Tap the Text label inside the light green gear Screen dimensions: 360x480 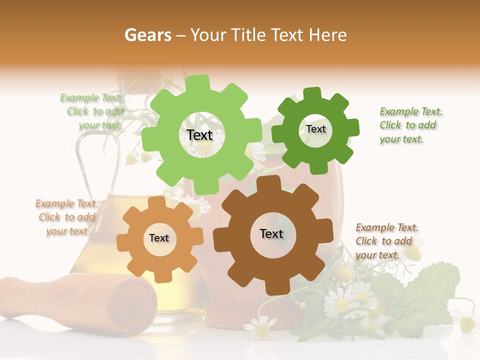coord(199,135)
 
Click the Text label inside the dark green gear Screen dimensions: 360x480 coord(315,129)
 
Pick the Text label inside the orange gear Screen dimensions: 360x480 coord(159,238)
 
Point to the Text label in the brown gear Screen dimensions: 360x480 coord(271,233)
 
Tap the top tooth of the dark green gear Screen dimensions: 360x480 coord(312,93)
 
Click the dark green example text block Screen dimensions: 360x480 coord(410,125)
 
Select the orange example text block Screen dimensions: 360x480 coord(66,217)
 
